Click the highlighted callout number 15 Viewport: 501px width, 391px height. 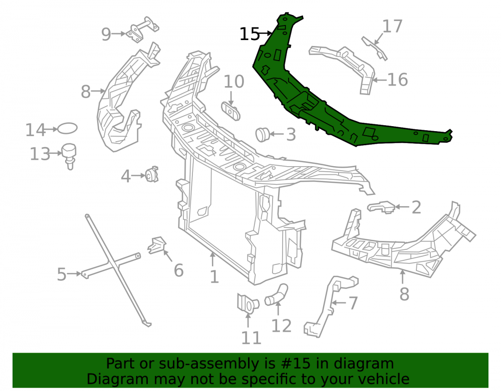(249, 34)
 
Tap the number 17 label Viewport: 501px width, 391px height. (392, 26)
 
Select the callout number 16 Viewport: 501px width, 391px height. (397, 80)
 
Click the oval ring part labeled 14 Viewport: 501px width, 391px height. (68, 128)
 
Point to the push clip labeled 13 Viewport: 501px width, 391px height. (69, 156)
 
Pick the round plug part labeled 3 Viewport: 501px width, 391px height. (263, 134)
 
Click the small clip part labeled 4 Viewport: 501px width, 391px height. (152, 174)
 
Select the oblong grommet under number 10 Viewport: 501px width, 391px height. (230, 111)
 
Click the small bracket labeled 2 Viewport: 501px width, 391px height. (381, 207)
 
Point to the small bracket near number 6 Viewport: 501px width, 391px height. (157, 245)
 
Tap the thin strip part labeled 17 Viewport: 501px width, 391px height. (374, 48)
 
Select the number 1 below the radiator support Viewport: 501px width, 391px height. (214, 277)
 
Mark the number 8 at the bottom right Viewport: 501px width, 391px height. (404, 294)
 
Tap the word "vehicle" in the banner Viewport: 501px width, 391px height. (386, 379)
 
